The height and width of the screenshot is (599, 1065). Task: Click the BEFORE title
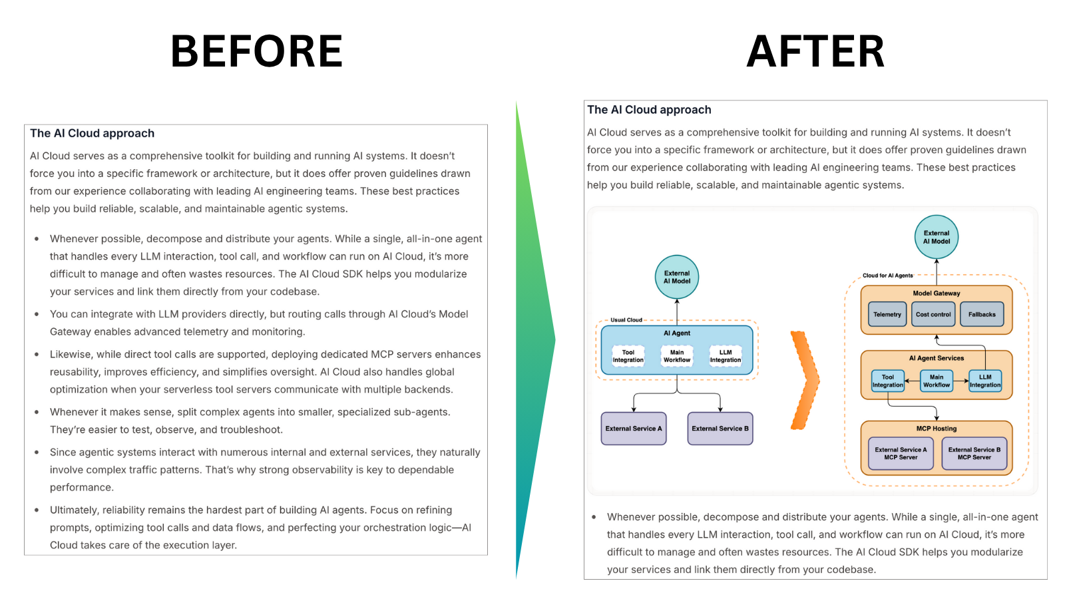point(256,52)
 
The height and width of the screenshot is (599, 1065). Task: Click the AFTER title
point(815,52)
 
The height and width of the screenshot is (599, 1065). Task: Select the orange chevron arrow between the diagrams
point(805,380)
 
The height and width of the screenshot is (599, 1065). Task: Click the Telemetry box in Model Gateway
point(887,314)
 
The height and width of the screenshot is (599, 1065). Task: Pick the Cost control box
point(933,314)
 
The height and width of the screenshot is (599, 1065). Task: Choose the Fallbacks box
point(982,314)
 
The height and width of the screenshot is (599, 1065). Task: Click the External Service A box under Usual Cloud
point(634,429)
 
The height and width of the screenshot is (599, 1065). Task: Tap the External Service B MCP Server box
point(974,453)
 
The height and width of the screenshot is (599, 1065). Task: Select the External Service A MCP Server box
point(901,453)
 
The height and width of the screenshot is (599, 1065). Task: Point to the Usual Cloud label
point(626,320)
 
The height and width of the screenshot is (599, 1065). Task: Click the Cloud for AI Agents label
point(888,276)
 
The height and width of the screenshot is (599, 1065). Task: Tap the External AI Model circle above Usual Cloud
point(677,277)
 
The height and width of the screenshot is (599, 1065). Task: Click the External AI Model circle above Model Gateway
point(937,237)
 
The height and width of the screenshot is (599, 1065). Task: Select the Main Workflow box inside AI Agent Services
point(937,381)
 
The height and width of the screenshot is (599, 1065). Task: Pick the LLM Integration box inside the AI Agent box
point(726,356)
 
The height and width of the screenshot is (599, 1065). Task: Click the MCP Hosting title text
point(937,429)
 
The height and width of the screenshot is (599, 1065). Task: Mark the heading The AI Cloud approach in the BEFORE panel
point(93,133)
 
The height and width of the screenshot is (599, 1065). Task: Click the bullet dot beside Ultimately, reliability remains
point(37,510)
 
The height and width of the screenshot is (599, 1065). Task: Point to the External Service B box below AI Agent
point(720,429)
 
